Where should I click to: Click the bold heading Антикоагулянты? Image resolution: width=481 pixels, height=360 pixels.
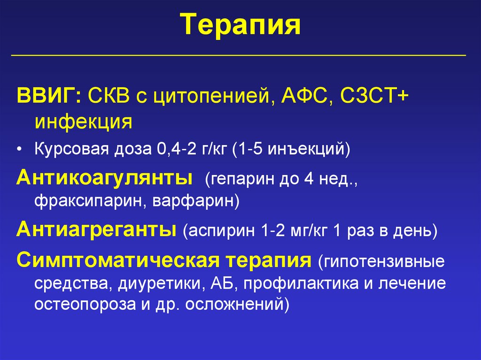[x=105, y=178]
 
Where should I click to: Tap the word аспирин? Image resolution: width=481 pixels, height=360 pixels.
[x=219, y=232]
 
